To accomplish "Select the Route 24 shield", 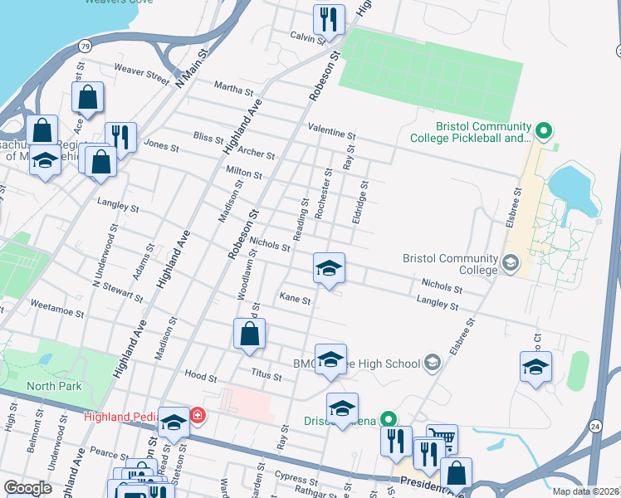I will click(595, 426).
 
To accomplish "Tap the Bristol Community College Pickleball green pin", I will click(544, 130).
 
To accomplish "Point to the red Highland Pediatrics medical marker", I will click(198, 415).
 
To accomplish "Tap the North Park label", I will click(53, 386).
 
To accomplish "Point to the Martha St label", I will click(233, 87).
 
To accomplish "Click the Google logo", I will click(27, 488).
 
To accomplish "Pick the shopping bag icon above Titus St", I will click(249, 335).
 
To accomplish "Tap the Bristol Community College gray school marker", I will click(510, 264).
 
